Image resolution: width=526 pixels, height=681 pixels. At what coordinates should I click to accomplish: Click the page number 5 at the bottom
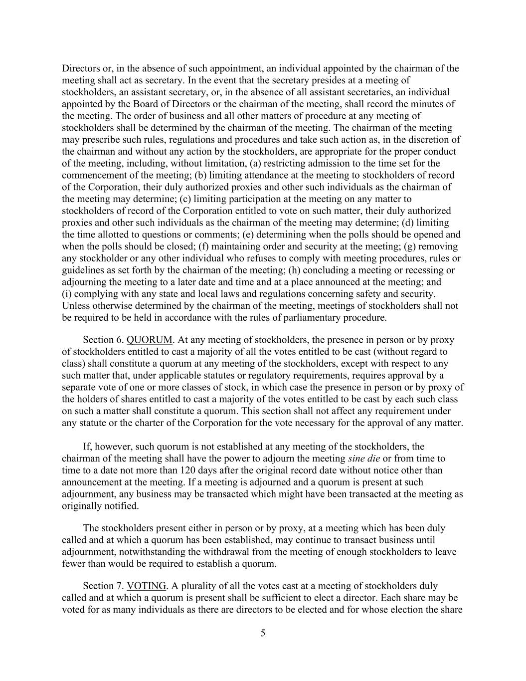point(263,633)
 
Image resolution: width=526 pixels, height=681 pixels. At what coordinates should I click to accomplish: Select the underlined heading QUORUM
point(150,340)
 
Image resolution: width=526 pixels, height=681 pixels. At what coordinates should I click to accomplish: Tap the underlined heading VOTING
point(147,586)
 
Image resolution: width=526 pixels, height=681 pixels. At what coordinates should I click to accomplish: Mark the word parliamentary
point(302,317)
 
